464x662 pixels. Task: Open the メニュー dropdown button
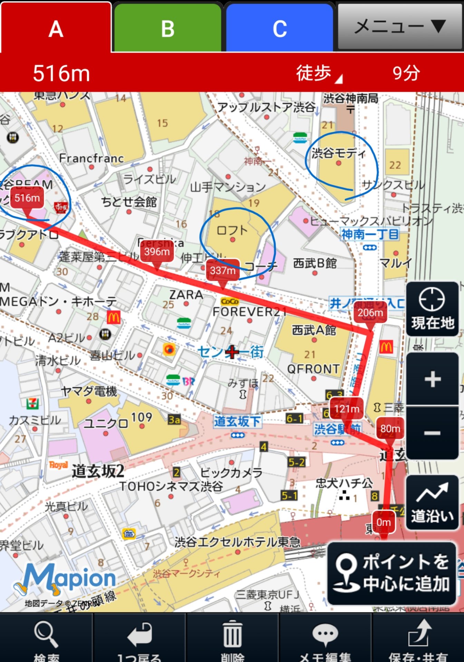click(x=400, y=27)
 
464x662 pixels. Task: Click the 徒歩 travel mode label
click(x=314, y=73)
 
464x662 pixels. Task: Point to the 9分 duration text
click(x=406, y=73)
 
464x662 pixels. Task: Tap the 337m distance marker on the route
click(x=223, y=270)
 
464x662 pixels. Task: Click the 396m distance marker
click(x=157, y=252)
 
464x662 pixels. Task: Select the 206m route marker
click(x=370, y=313)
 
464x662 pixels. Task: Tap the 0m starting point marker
click(x=384, y=522)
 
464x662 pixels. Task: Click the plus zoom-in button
click(x=432, y=379)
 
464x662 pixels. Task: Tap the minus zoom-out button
click(x=432, y=433)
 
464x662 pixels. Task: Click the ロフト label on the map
click(x=232, y=230)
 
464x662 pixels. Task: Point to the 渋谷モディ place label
click(x=338, y=153)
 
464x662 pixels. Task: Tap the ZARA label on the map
click(x=186, y=295)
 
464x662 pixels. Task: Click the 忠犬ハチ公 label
click(x=344, y=483)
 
